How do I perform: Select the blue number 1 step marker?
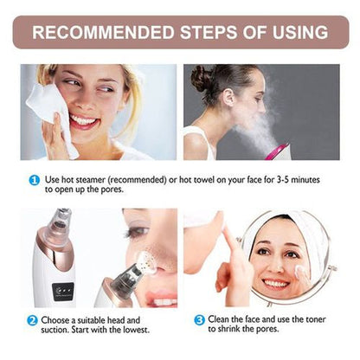pos(34,179)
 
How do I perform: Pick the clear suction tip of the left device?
pos(59,234)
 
